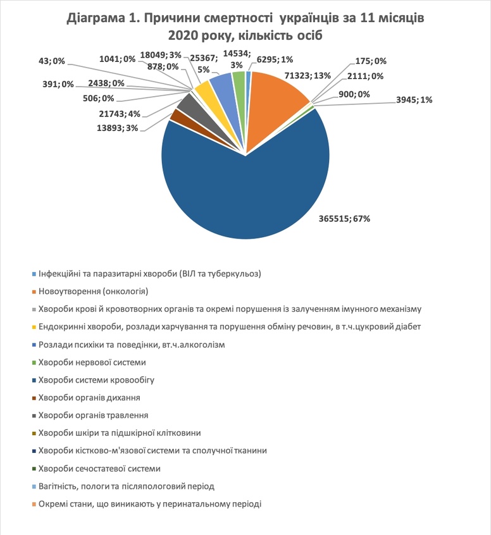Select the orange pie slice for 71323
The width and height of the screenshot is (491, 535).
273,102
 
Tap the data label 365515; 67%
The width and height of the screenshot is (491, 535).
344,218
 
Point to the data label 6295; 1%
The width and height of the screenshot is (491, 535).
275,59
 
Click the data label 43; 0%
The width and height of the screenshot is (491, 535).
52,61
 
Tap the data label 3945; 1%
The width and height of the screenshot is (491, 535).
414,100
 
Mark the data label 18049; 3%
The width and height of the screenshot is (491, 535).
161,56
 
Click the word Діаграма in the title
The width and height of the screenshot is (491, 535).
96,18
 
